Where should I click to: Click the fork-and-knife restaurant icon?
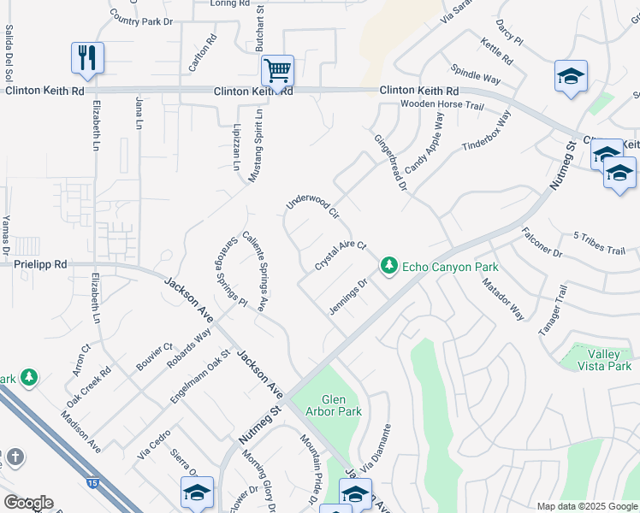(87, 57)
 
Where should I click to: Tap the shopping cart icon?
(277, 71)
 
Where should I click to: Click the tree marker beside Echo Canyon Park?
(389, 267)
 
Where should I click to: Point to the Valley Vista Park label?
(609, 360)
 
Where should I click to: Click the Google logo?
(28, 502)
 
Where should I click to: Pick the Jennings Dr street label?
(348, 296)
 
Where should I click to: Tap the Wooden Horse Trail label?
(442, 106)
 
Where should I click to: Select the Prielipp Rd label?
(40, 265)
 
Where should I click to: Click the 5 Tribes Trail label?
(599, 243)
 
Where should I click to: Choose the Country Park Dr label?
(141, 20)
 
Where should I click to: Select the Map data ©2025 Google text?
(586, 506)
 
